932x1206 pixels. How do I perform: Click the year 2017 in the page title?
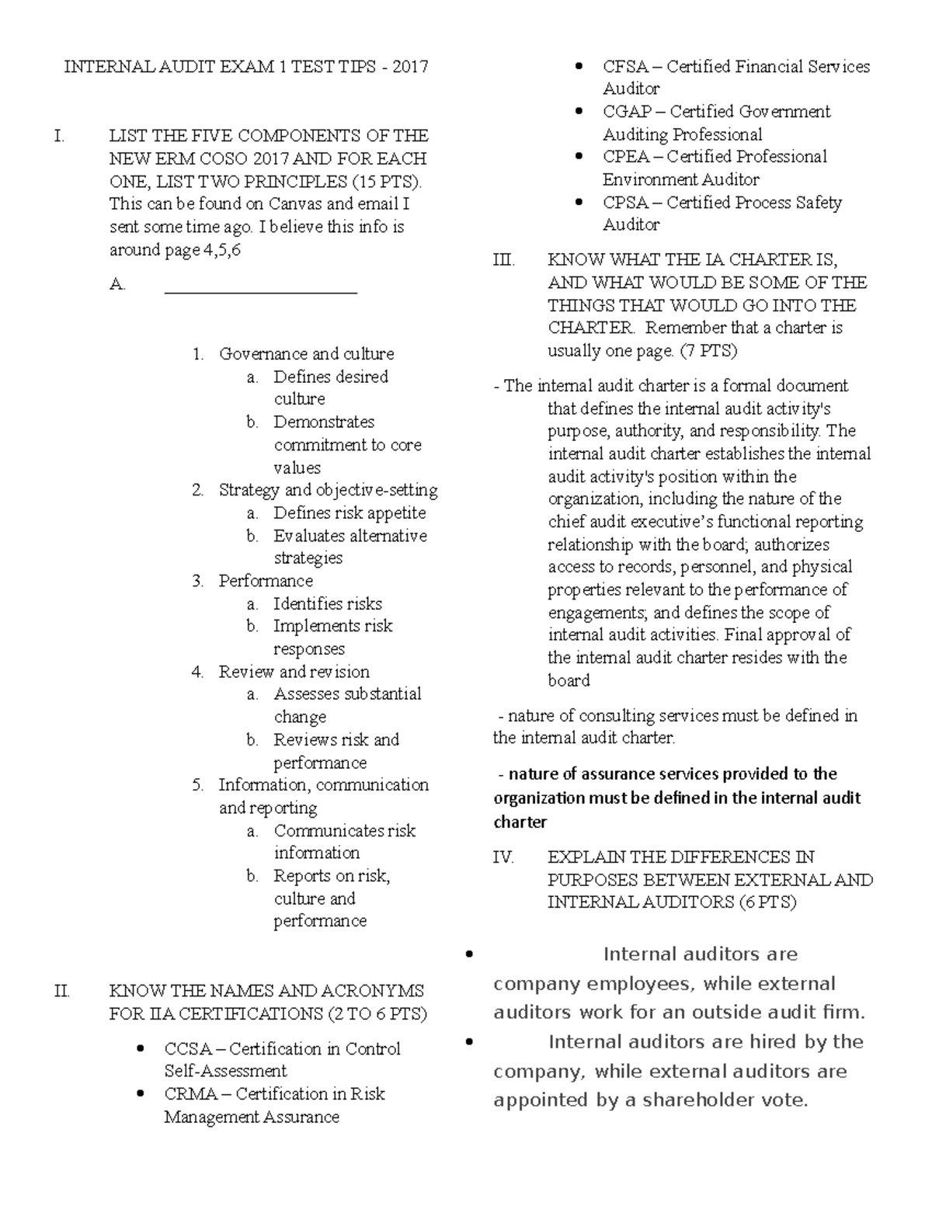coord(410,67)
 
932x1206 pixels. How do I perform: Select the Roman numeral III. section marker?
coord(503,260)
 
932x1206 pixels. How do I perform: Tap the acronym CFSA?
coord(625,67)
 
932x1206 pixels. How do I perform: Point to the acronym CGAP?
coord(627,112)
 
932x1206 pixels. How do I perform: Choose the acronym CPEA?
coord(625,157)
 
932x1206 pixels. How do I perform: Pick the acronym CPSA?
coord(625,203)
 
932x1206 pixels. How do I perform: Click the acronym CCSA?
coord(188,1049)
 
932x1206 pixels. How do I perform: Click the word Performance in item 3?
coord(266,581)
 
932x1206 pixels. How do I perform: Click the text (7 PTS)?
coord(708,351)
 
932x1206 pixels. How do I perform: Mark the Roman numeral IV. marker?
coord(503,857)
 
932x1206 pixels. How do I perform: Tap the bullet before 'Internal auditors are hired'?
coord(468,1042)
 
